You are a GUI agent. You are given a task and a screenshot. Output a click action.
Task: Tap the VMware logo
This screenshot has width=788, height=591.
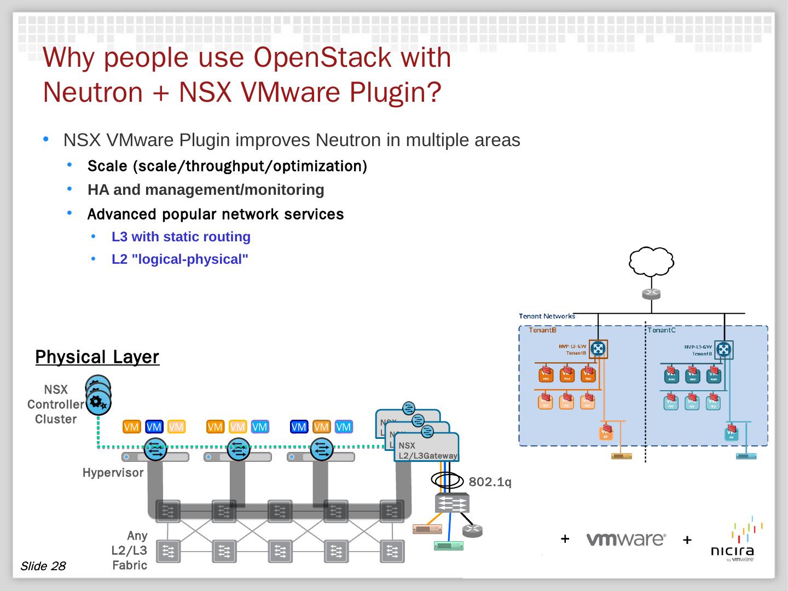[x=626, y=540]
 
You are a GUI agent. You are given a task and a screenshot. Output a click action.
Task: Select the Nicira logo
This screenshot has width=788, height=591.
[x=732, y=542]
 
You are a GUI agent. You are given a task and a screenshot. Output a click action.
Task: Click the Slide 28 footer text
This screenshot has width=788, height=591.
[x=43, y=566]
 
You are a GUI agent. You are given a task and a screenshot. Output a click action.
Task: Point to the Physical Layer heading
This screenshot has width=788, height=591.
[x=97, y=357]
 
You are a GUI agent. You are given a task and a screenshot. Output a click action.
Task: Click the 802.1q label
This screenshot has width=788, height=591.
[x=490, y=482]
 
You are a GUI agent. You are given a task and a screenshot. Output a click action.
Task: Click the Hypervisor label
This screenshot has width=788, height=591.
[x=113, y=472]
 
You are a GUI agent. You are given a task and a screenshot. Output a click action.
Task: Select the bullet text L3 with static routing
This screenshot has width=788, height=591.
[x=181, y=237]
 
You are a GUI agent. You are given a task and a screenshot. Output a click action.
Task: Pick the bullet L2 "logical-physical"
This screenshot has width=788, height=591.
[x=179, y=259]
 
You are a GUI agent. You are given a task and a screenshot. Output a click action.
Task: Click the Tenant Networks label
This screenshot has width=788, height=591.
[x=547, y=316]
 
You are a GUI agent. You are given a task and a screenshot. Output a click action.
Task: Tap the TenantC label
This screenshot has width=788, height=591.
[x=661, y=330]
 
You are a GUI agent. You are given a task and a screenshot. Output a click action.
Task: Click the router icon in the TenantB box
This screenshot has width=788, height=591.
[x=598, y=349]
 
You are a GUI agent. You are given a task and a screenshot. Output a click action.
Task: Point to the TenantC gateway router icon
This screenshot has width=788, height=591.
[x=724, y=349]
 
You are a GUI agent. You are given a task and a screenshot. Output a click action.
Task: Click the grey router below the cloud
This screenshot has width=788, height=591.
[x=651, y=294]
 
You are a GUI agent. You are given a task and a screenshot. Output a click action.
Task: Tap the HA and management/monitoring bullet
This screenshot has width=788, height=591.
[x=206, y=190]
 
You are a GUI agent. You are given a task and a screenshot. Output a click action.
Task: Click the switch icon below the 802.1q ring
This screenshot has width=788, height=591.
[x=452, y=502]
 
